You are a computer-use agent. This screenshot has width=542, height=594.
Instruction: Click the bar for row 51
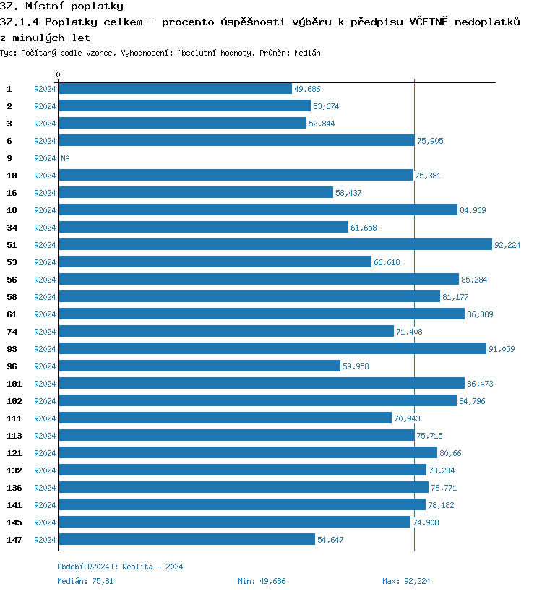(275, 245)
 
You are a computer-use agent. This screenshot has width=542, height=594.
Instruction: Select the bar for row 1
(175, 89)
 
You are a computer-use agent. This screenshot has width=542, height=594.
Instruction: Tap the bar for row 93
(272, 349)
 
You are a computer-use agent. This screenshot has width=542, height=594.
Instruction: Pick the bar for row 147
(186, 540)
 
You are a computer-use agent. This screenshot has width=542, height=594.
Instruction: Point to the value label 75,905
(430, 141)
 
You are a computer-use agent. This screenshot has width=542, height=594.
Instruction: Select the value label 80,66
(450, 453)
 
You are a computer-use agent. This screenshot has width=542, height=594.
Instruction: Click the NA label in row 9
(65, 158)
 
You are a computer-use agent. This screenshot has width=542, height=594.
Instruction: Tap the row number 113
(14, 436)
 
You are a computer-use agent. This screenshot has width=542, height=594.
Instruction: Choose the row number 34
(12, 228)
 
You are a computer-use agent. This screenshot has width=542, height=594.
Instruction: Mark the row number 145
(14, 522)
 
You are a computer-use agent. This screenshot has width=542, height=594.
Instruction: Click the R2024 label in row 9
(45, 158)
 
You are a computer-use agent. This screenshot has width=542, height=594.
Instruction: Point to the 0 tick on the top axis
(59, 74)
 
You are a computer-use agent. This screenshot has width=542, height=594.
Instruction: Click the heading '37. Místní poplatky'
(61, 7)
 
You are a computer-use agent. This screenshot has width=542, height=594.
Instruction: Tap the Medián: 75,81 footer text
(85, 581)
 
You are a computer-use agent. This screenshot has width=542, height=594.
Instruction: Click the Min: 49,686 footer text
(262, 581)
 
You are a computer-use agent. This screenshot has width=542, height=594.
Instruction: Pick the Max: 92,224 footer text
(406, 581)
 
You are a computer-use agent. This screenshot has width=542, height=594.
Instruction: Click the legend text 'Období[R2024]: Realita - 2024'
(120, 567)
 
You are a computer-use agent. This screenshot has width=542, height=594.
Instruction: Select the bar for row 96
(199, 366)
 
